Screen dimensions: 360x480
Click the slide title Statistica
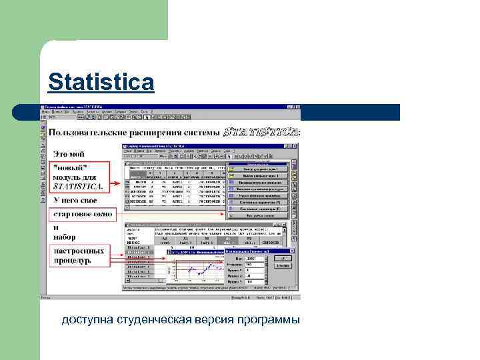tap(101, 83)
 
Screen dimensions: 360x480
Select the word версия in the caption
tap(215, 321)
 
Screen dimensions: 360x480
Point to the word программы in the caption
tap(269, 321)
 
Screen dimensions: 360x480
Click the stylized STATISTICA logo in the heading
tap(261, 132)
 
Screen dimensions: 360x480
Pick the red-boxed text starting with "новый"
tap(78, 177)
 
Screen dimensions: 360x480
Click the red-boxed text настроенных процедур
tap(79, 256)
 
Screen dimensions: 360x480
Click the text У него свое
tap(75, 200)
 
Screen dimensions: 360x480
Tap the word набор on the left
tap(65, 237)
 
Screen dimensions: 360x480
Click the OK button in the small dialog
tap(283, 258)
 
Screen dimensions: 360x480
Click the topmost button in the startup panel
tap(257, 162)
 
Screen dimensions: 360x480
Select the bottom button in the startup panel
tap(257, 216)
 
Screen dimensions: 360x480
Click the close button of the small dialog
tap(289, 251)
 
